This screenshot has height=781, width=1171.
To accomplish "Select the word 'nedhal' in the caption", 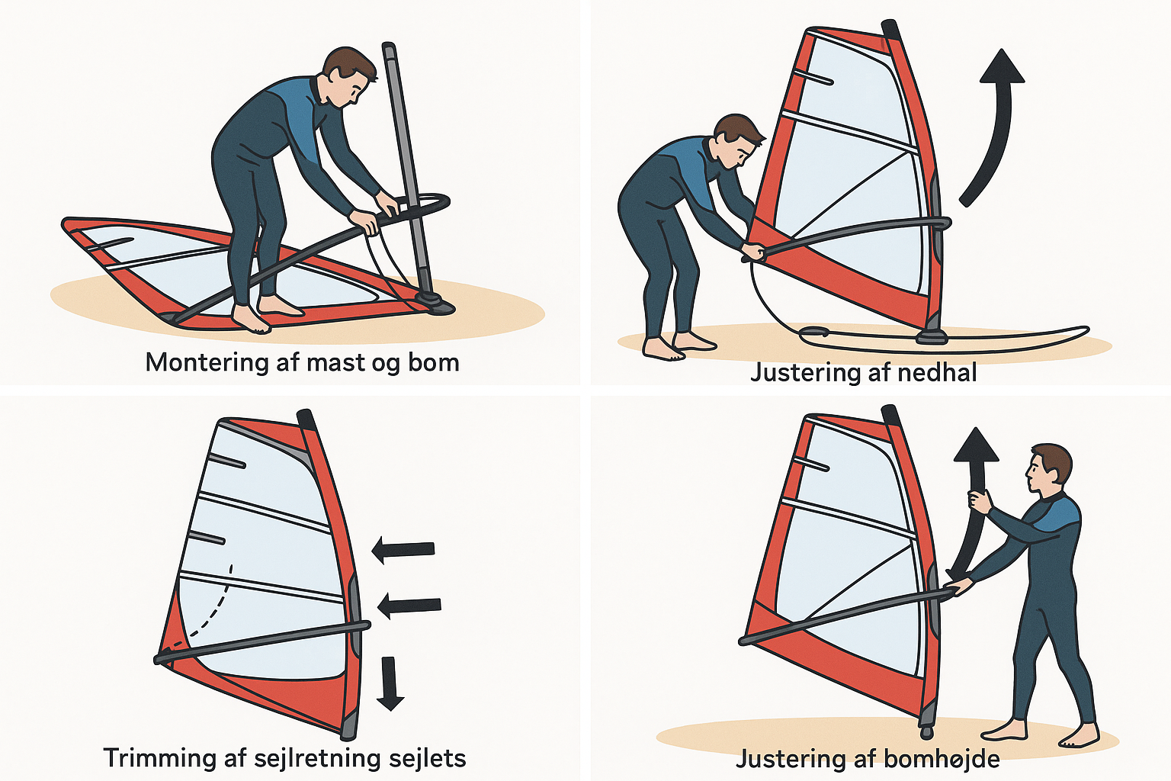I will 938,372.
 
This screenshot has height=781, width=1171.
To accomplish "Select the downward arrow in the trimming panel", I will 391,683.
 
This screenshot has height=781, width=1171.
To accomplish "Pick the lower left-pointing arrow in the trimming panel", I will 409,606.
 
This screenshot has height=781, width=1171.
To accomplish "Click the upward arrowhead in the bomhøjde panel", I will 976,445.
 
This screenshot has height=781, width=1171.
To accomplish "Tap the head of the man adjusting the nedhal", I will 738,140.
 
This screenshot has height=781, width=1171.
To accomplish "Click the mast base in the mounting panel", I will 435,303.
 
